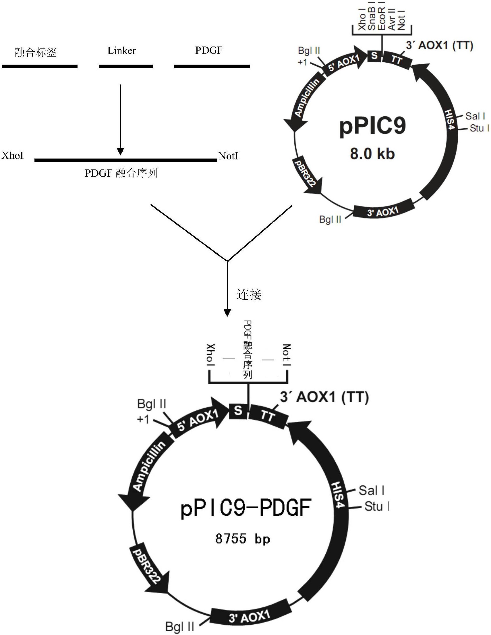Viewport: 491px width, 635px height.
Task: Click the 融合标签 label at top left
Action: tap(36, 52)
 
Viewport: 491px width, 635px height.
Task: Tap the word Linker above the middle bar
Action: tap(121, 51)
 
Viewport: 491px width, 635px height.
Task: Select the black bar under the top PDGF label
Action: tap(212, 67)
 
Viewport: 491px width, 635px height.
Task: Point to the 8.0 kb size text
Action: tap(372, 154)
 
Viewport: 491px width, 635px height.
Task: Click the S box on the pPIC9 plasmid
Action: tap(374, 55)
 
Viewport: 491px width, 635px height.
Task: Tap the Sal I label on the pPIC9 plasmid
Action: tap(475, 116)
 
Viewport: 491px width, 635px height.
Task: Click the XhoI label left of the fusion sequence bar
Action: tap(13, 156)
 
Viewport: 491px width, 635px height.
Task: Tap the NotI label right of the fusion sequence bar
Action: tap(228, 156)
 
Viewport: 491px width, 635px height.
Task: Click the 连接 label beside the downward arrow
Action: tap(249, 295)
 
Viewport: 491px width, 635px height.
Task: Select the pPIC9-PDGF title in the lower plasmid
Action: tap(246, 507)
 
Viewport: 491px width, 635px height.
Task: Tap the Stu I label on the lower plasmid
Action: tap(377, 506)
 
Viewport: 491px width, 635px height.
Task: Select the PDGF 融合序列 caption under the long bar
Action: tap(121, 173)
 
